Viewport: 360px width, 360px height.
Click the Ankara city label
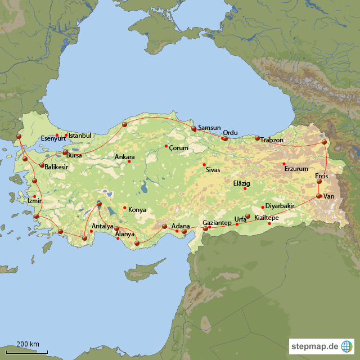[x=125, y=157]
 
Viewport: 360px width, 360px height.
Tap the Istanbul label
[x=79, y=136]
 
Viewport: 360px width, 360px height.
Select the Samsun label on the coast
[x=209, y=128]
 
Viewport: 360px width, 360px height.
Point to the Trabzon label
[x=272, y=140]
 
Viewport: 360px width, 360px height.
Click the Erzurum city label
[x=297, y=169]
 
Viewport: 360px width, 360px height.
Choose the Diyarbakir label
[x=280, y=206]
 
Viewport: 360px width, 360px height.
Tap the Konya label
[x=137, y=210]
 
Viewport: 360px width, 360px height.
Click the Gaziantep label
[x=217, y=223]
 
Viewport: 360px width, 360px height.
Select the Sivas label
[x=213, y=169]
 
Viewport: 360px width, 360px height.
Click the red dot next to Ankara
[x=129, y=162]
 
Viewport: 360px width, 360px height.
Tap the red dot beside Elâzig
[x=245, y=188]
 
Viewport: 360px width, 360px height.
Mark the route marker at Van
[x=319, y=196]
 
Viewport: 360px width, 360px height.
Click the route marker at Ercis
[x=319, y=182]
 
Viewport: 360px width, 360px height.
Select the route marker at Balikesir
[x=42, y=165]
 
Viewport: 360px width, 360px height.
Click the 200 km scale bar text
[x=28, y=344]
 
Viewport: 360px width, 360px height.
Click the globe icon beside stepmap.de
[x=347, y=345]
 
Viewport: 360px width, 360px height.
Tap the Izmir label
[x=34, y=201]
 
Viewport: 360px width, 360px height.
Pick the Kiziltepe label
[x=267, y=217]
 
